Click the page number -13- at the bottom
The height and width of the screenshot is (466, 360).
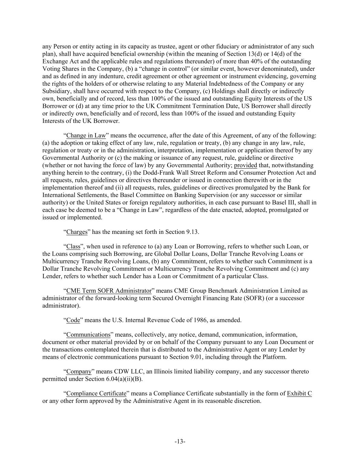(180, 441)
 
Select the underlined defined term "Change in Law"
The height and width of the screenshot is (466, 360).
(86, 136)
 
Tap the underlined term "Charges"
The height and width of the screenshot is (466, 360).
(77, 232)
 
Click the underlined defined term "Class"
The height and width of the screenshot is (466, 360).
(73, 246)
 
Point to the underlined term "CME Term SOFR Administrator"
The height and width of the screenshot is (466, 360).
(109, 291)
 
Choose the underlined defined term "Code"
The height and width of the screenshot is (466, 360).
(73, 320)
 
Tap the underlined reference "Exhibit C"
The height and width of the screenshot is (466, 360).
(299, 393)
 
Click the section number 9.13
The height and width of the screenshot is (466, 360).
(192, 232)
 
